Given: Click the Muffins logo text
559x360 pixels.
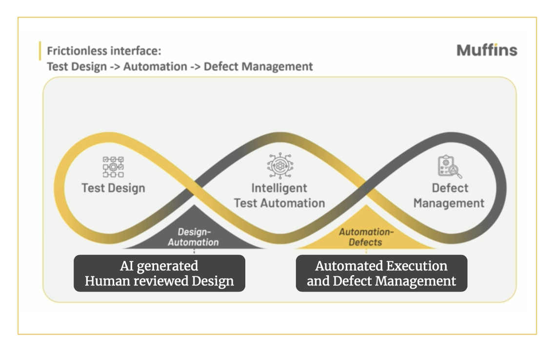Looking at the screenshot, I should pos(487,50).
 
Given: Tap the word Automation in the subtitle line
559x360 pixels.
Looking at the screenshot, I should pos(155,66).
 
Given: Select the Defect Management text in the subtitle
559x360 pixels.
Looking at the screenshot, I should pos(258,66).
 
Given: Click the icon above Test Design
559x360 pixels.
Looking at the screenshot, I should pos(113,167).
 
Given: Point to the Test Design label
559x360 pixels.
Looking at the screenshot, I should pos(113,188).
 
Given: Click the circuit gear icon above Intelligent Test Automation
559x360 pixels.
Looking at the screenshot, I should pos(279,166).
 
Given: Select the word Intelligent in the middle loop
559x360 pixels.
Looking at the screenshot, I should pos(279,188).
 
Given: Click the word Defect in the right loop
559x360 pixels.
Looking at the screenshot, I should pos(450,188).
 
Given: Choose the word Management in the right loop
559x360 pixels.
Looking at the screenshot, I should pos(449,203).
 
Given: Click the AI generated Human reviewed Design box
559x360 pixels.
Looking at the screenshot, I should pos(159,273).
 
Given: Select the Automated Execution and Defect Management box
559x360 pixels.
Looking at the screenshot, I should pos(381,273).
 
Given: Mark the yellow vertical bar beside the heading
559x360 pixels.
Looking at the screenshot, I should pos(40,51).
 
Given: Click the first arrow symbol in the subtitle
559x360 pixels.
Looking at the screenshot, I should pos(115,67).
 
